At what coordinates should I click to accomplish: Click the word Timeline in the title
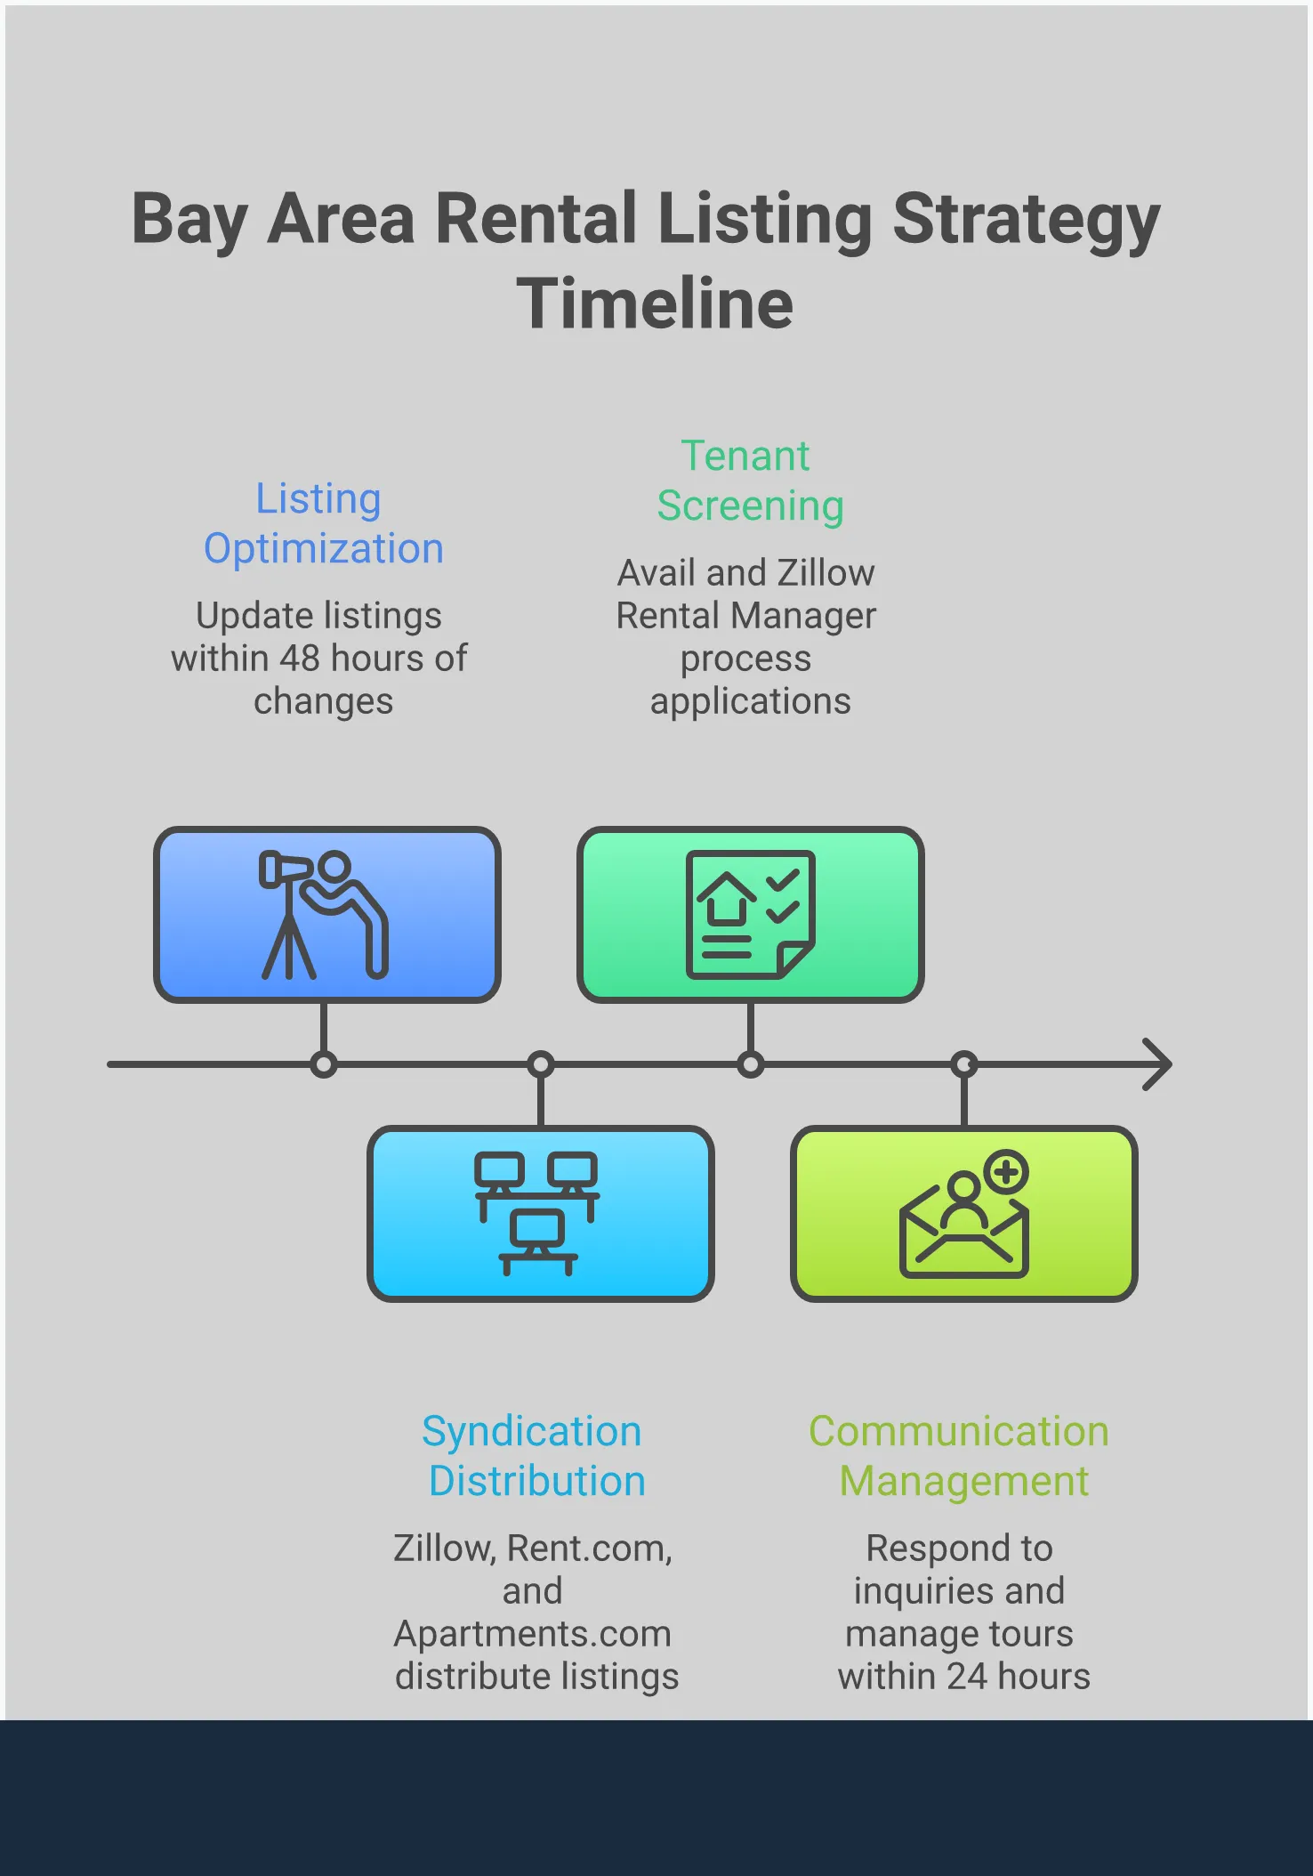point(655,303)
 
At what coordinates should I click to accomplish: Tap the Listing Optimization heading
point(322,523)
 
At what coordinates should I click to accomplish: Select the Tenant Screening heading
point(749,481)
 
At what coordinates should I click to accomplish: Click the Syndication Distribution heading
point(534,1456)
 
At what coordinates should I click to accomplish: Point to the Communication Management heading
point(960,1456)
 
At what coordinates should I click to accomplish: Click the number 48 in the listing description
point(300,659)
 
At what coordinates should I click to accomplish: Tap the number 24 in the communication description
point(967,1677)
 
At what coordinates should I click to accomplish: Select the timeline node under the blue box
point(324,1064)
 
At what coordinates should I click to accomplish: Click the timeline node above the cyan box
point(541,1064)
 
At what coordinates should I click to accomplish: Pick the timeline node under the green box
point(751,1064)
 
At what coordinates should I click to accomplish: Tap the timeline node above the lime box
point(964,1064)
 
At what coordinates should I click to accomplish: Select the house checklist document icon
point(751,915)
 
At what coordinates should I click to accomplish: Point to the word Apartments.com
point(533,1634)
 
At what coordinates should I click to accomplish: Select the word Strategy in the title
point(1027,219)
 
